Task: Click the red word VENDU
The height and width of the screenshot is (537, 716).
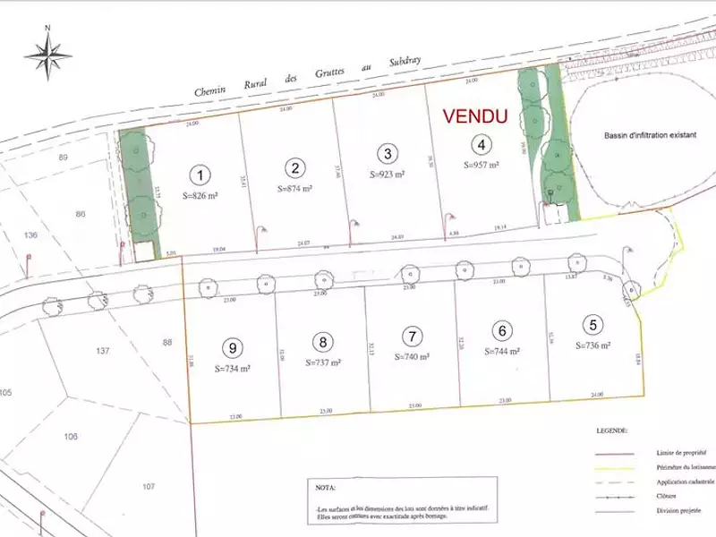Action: coord(476,116)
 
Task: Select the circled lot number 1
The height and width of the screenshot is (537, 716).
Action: coord(202,175)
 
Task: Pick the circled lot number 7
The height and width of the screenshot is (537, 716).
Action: coord(412,337)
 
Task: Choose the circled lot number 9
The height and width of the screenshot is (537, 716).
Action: coord(233,348)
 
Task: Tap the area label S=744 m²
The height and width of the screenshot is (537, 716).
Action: coord(503,352)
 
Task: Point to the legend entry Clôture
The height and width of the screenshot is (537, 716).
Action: coord(663,495)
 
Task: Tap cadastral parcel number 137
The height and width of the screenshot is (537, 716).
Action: coord(102,351)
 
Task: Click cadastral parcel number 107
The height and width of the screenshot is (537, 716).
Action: coord(149,486)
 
